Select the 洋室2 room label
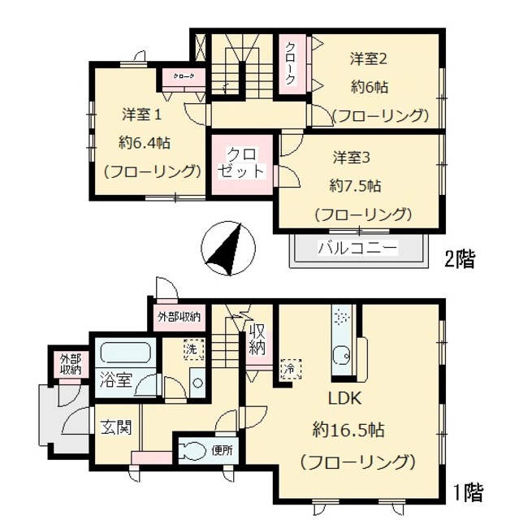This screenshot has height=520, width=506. coord(367,58)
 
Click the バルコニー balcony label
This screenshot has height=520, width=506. coord(357,247)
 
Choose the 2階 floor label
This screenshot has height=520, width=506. coord(460,260)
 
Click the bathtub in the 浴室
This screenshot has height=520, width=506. coord(126,354)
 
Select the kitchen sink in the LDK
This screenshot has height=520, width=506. coord(341,356)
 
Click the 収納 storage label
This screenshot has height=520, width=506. coord(257,339)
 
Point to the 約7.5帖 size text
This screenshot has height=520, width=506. coord(355,186)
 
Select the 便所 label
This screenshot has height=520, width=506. coord(221,449)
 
